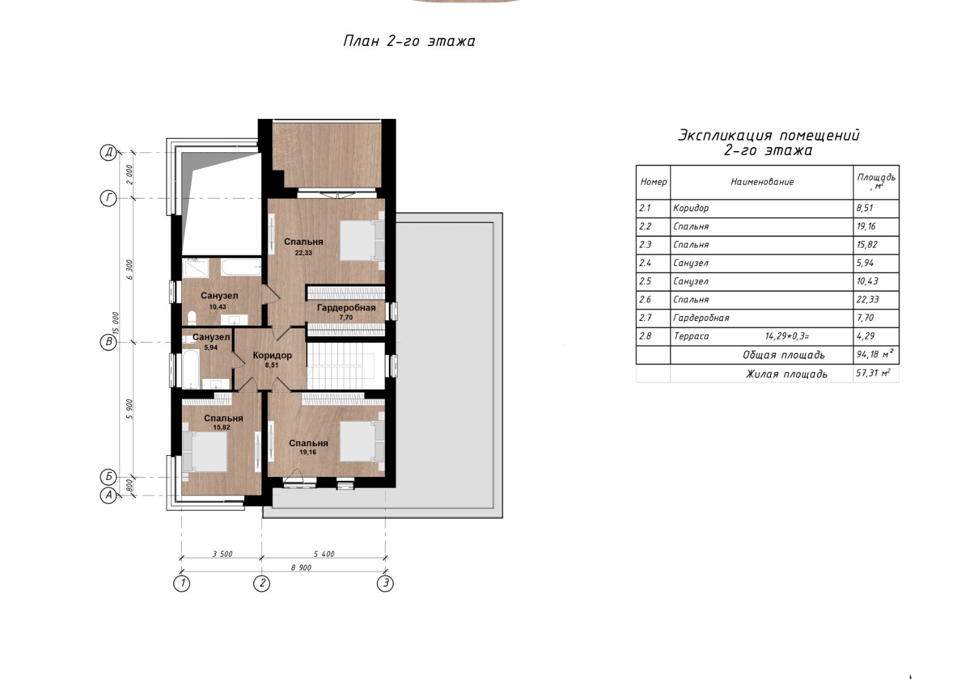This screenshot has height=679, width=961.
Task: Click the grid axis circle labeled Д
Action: (108, 152)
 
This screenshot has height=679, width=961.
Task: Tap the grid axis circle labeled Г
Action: (108, 198)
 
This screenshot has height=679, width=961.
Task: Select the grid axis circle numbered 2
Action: (262, 583)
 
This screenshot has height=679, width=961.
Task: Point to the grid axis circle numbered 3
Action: (385, 583)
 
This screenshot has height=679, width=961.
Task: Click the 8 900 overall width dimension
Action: (301, 568)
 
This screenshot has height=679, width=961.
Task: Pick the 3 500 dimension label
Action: (222, 554)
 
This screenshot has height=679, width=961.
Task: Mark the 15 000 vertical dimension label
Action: (115, 324)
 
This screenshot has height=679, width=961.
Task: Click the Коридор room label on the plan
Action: (272, 355)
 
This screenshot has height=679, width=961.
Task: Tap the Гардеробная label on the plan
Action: (346, 308)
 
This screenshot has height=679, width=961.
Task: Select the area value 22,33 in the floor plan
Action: (303, 252)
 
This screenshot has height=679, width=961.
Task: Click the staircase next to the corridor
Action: (346, 366)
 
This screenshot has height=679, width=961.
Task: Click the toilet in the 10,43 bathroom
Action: (192, 318)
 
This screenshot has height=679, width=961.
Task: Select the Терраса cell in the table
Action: (691, 336)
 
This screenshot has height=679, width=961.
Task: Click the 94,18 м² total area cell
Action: (875, 354)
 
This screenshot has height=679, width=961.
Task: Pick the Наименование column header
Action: (762, 182)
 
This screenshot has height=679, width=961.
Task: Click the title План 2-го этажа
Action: (409, 41)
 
